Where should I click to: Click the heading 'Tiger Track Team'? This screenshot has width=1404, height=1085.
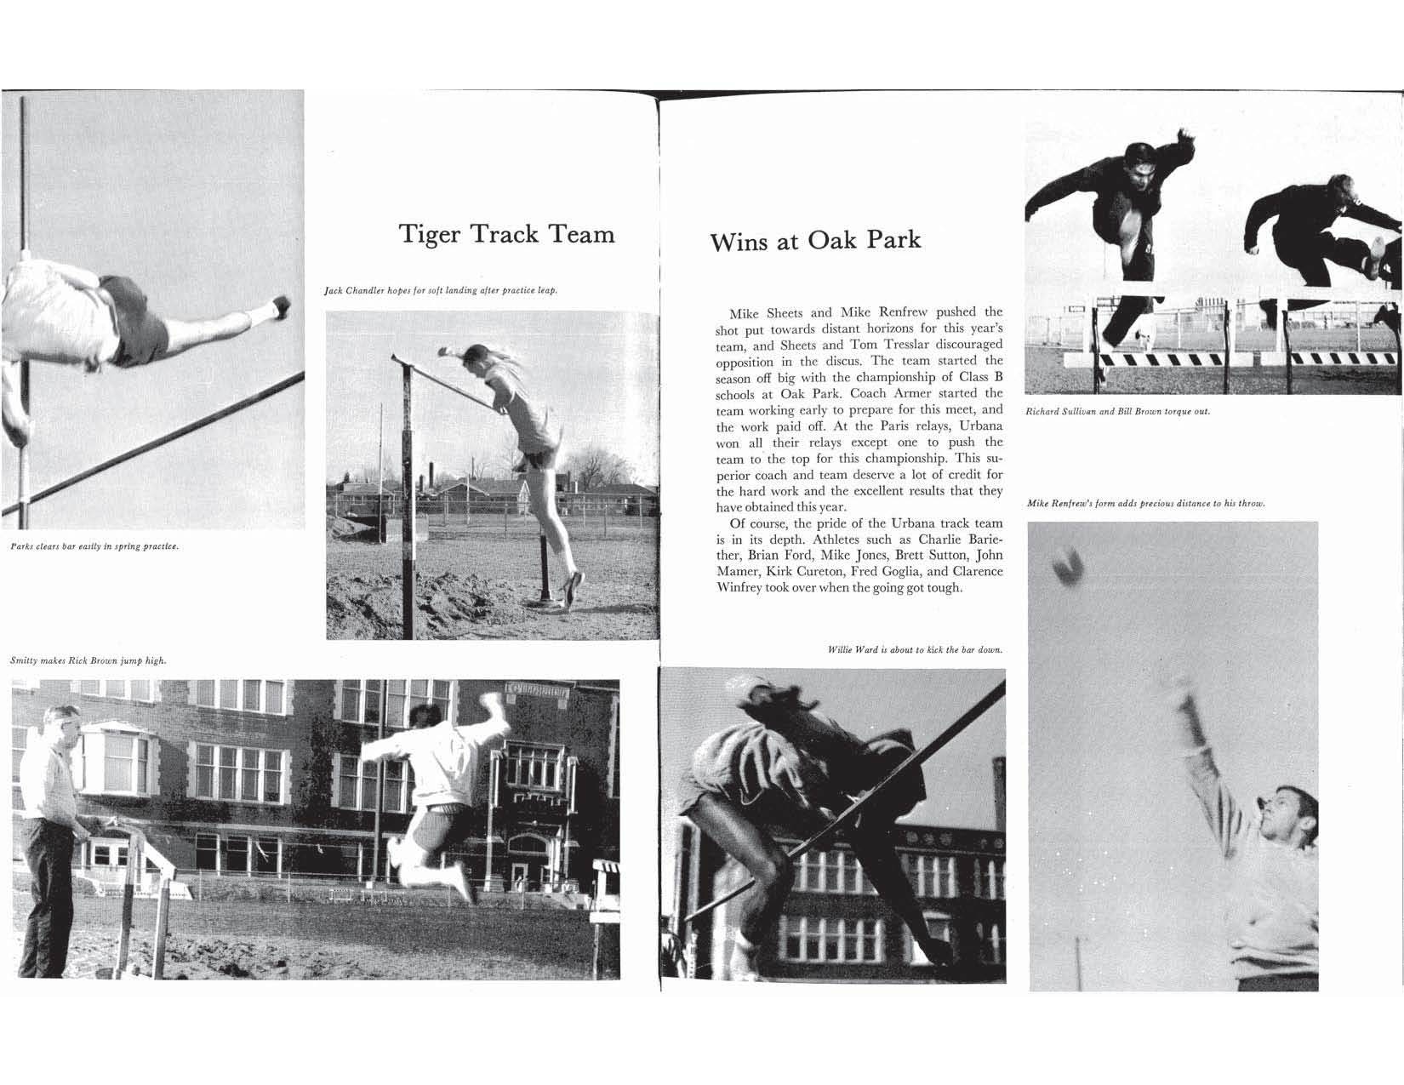click(x=507, y=233)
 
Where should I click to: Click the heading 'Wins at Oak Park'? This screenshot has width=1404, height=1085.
click(x=815, y=240)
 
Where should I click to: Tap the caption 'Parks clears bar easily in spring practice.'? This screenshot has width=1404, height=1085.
click(x=94, y=545)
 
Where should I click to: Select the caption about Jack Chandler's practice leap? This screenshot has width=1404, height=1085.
click(x=441, y=291)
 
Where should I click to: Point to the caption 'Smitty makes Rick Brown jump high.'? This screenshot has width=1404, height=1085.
click(x=88, y=660)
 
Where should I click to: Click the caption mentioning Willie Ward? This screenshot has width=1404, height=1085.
click(x=915, y=649)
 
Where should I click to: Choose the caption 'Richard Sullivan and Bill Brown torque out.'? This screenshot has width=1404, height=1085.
click(x=1117, y=411)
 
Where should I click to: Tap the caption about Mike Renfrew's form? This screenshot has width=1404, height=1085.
click(x=1146, y=503)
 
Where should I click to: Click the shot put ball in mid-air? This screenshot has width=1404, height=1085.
click(x=1067, y=565)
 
